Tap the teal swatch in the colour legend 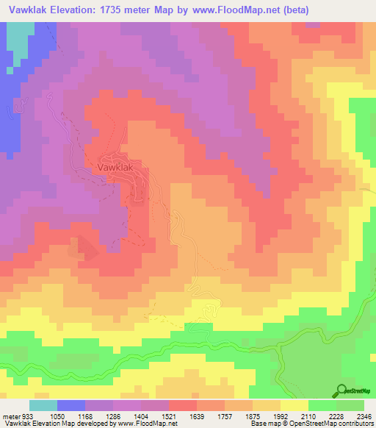(x=43, y=405)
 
